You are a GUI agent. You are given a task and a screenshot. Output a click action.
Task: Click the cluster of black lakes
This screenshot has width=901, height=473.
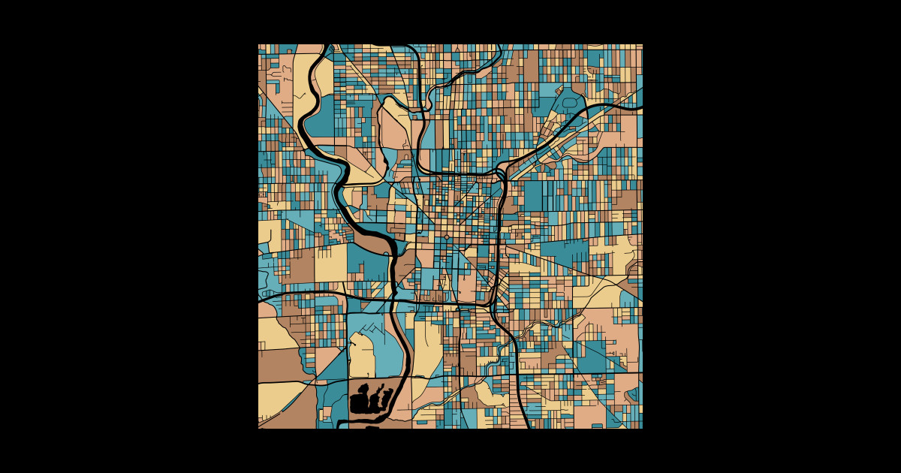pos(369,399)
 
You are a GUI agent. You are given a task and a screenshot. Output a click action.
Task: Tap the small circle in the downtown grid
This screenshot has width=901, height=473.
pos(447,237)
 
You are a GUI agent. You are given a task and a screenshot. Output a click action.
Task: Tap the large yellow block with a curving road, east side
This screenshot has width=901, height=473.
pos(616,255)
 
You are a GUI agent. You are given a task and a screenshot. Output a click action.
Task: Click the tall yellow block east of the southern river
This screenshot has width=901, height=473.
pos(427,345)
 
